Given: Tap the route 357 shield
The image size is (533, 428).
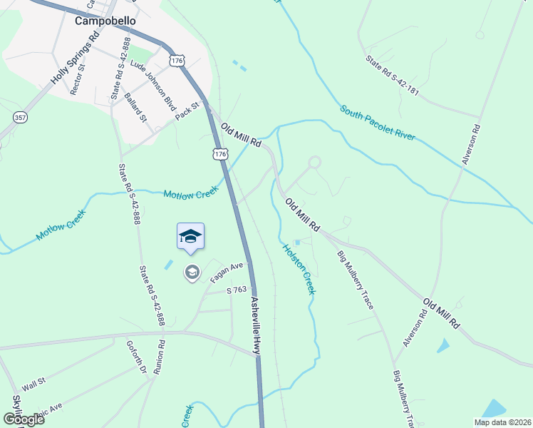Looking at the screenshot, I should click(x=19, y=117).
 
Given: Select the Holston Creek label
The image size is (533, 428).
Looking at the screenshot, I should click(x=299, y=269).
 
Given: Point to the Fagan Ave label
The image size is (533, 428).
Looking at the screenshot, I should click(x=227, y=272).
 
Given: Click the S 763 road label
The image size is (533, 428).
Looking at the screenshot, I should click(x=236, y=290).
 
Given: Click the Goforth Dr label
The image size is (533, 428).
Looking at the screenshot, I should click(x=140, y=357).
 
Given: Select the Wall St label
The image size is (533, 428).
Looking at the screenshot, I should click(x=33, y=383).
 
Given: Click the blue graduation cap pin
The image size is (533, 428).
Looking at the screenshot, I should click(x=190, y=236).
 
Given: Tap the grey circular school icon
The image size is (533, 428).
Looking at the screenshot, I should click(x=191, y=272).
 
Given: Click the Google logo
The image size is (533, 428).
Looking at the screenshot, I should click(x=23, y=419).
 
